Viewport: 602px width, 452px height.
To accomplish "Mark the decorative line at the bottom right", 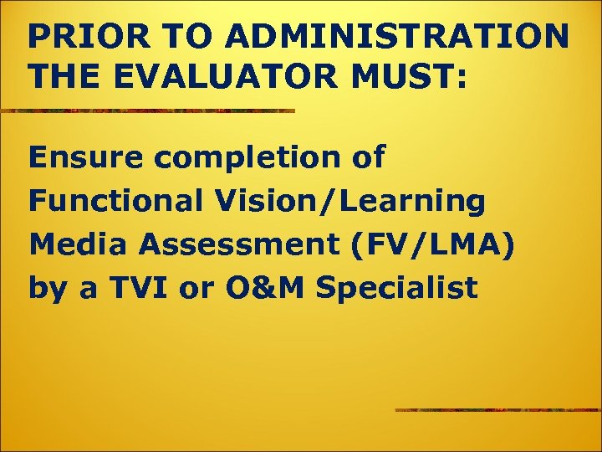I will tap(497, 409).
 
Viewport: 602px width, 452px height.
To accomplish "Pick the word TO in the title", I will tap(166, 38).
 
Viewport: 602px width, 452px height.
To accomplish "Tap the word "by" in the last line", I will tap(47, 290).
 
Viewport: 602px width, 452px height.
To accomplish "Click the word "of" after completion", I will tap(366, 157).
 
